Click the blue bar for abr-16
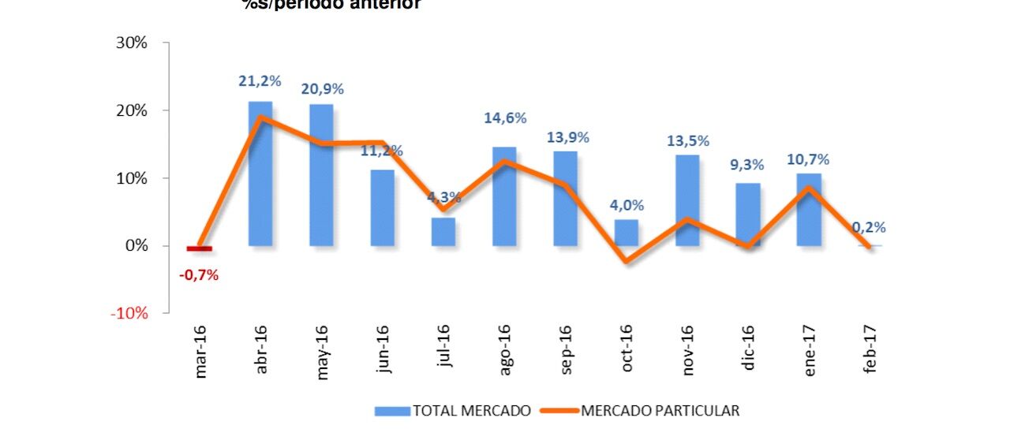(260, 173)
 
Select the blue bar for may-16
(321, 174)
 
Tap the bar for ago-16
(504, 196)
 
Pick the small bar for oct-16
(627, 232)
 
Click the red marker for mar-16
(199, 248)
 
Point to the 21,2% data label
(260, 80)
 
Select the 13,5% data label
(688, 141)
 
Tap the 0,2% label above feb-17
(869, 227)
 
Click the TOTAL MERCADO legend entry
(453, 411)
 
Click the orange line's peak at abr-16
(260, 118)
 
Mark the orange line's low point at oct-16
(627, 260)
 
